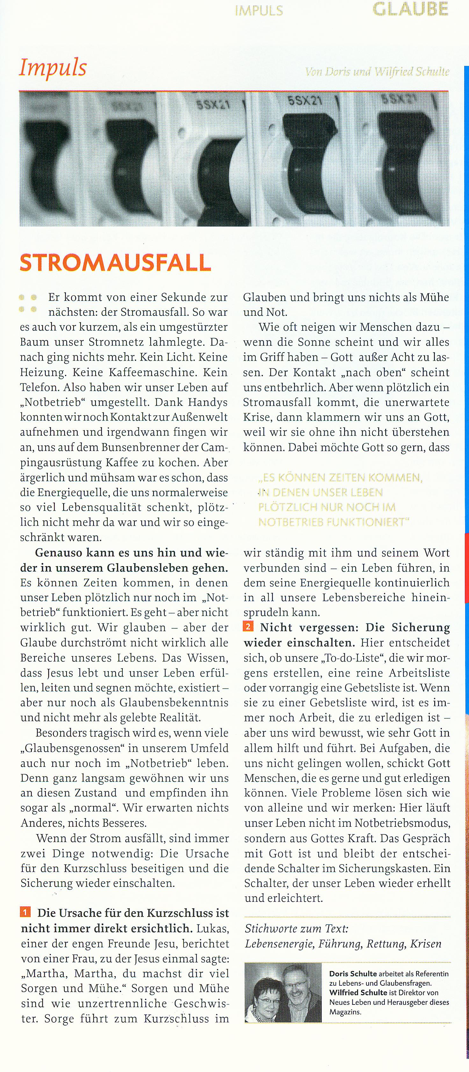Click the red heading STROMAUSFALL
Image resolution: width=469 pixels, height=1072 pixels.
coord(115,263)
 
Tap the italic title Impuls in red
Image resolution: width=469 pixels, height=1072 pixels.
coord(53,68)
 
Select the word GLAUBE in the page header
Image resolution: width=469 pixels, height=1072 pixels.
coord(410,9)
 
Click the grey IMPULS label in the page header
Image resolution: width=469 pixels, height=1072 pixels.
coord(259,11)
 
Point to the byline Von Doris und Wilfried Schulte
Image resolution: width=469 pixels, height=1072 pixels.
coord(377,72)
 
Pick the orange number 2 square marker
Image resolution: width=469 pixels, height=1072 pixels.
coord(249,626)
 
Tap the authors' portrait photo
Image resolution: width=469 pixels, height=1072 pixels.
coord(283,992)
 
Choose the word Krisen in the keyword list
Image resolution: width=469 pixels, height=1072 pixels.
coord(426,944)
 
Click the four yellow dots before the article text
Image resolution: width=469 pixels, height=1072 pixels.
coord(28,304)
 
